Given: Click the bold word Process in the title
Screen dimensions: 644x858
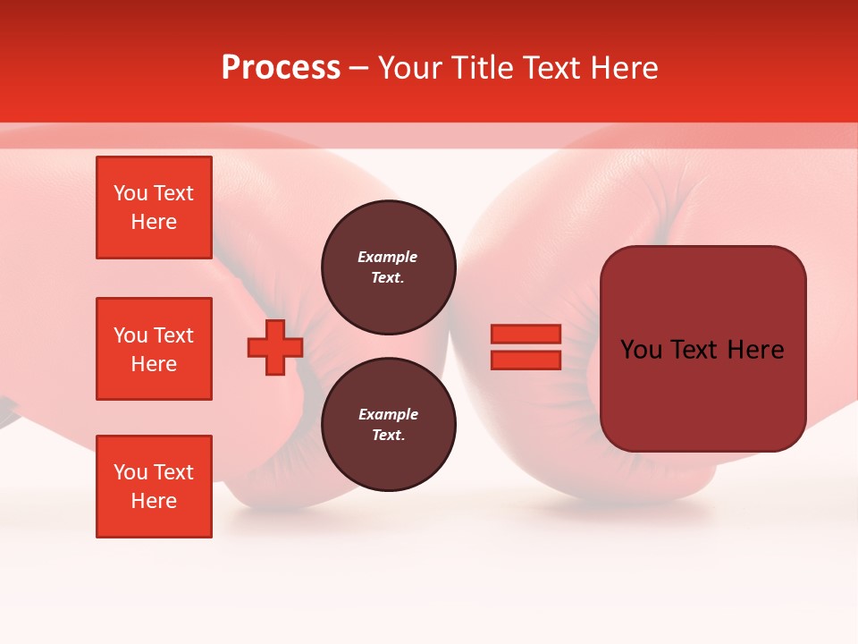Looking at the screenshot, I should [x=281, y=68].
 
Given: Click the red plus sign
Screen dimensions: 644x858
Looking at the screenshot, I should [x=275, y=348].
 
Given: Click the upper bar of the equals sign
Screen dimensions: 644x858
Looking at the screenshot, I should [x=526, y=335].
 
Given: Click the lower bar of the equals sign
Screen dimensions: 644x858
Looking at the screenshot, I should [x=526, y=360].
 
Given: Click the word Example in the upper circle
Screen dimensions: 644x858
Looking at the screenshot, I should [x=387, y=257].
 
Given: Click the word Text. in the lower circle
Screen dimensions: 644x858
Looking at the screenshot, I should [x=388, y=435].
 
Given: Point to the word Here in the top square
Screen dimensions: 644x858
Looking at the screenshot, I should [x=154, y=222].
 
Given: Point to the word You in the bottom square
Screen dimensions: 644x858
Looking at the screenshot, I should [x=130, y=472].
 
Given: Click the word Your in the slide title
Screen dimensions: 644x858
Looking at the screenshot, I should [x=412, y=68].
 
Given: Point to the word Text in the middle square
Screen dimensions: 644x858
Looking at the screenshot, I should [x=173, y=335].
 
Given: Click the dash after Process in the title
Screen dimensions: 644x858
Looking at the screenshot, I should [x=358, y=69].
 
